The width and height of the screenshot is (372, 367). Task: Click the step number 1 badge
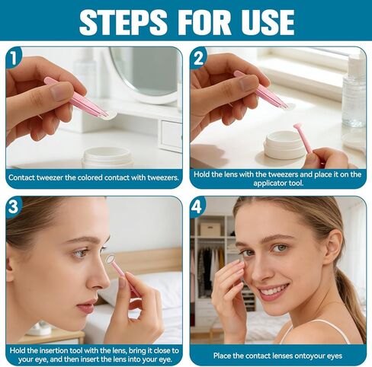pos(15,56)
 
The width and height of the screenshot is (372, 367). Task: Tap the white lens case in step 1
pos(107,157)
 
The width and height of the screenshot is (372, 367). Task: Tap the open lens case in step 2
pos(284,145)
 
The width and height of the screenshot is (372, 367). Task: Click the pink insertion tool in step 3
pos(122,274)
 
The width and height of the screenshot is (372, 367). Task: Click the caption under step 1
pos(94,177)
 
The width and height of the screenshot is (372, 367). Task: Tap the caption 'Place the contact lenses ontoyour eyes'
pos(277,355)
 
